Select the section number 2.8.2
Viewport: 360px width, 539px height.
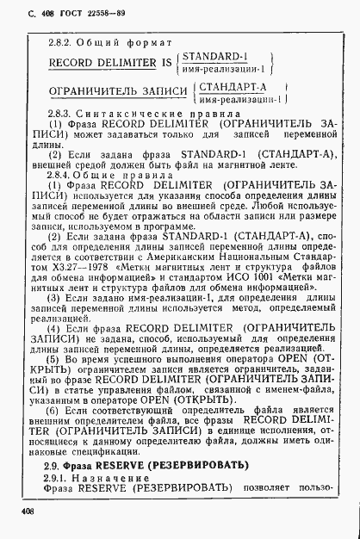(62, 40)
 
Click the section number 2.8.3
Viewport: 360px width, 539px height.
(62, 114)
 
